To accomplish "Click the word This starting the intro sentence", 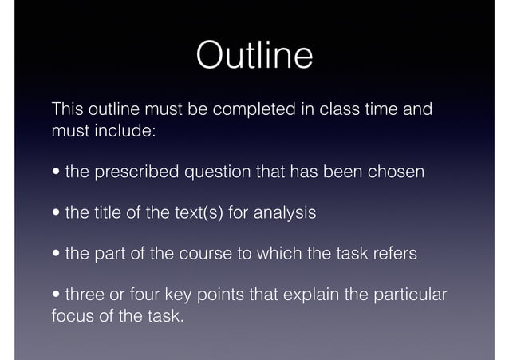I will pos(66,109).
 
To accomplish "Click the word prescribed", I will pos(136,172).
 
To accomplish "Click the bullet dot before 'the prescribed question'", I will pos(57,172).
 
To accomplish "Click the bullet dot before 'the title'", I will pos(57,214).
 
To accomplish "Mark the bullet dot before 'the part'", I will pos(57,255).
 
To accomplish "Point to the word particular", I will pos(412,296).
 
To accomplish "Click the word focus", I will pos(69,317).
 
